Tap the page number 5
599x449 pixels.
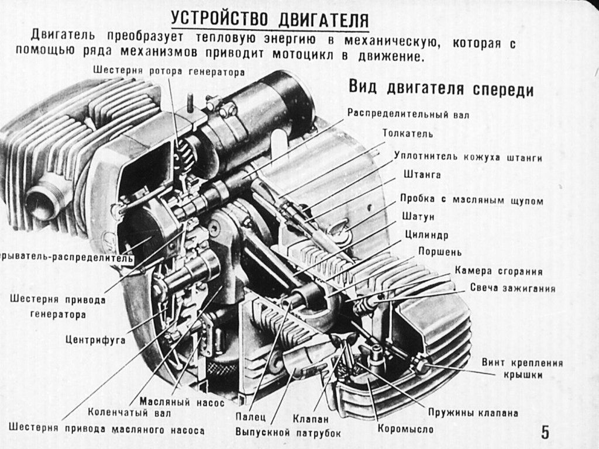(545, 433)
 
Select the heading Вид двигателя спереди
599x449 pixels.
(441, 89)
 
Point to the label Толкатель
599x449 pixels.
(408, 134)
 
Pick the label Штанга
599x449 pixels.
(422, 175)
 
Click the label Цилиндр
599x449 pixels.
(426, 235)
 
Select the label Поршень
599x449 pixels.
(439, 253)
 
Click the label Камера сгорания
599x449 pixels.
(498, 271)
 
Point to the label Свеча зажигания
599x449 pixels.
(512, 288)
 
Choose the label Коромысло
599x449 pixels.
(405, 430)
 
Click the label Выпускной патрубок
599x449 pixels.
(288, 433)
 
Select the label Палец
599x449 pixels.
(251, 418)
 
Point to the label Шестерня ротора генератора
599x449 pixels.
(167, 71)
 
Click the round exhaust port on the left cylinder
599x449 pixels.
(44, 201)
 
